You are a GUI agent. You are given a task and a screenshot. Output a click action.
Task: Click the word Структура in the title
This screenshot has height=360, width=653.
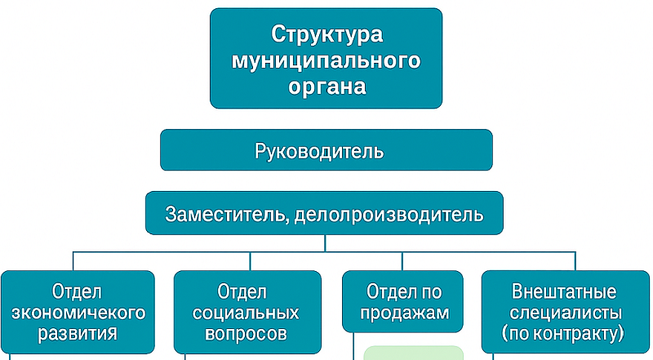(326, 34)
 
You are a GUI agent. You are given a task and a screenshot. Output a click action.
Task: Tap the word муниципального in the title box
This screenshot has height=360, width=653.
(326, 61)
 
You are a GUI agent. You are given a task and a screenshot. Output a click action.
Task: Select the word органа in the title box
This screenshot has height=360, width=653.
(327, 87)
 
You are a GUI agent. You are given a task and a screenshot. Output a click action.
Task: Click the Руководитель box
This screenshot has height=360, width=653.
(326, 150)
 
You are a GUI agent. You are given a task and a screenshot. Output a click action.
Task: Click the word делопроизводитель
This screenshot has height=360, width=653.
(389, 214)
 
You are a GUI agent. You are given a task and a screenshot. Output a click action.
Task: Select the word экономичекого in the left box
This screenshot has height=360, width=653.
(78, 313)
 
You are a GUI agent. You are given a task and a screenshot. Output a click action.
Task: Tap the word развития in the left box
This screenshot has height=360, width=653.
(78, 334)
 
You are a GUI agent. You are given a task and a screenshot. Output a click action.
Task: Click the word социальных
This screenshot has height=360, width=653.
(246, 313)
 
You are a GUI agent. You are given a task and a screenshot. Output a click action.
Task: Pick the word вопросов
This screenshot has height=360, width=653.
(246, 334)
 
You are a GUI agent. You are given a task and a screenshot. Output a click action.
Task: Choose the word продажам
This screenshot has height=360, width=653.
(404, 313)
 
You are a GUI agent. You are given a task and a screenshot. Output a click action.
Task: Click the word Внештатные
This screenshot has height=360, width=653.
(564, 291)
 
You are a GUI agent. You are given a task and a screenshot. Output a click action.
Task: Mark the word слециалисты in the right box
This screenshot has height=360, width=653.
(566, 313)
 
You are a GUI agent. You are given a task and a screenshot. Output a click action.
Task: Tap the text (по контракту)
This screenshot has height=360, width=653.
(563, 334)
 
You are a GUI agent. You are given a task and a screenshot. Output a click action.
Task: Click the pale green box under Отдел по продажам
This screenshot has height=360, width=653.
(414, 353)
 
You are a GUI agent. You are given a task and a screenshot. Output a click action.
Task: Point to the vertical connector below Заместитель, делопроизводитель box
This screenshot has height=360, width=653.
(325, 243)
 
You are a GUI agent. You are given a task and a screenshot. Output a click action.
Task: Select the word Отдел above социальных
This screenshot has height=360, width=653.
(242, 291)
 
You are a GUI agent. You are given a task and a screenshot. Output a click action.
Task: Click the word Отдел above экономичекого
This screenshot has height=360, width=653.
(77, 291)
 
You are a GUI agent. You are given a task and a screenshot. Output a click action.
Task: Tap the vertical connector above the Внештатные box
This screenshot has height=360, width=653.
(575, 261)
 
